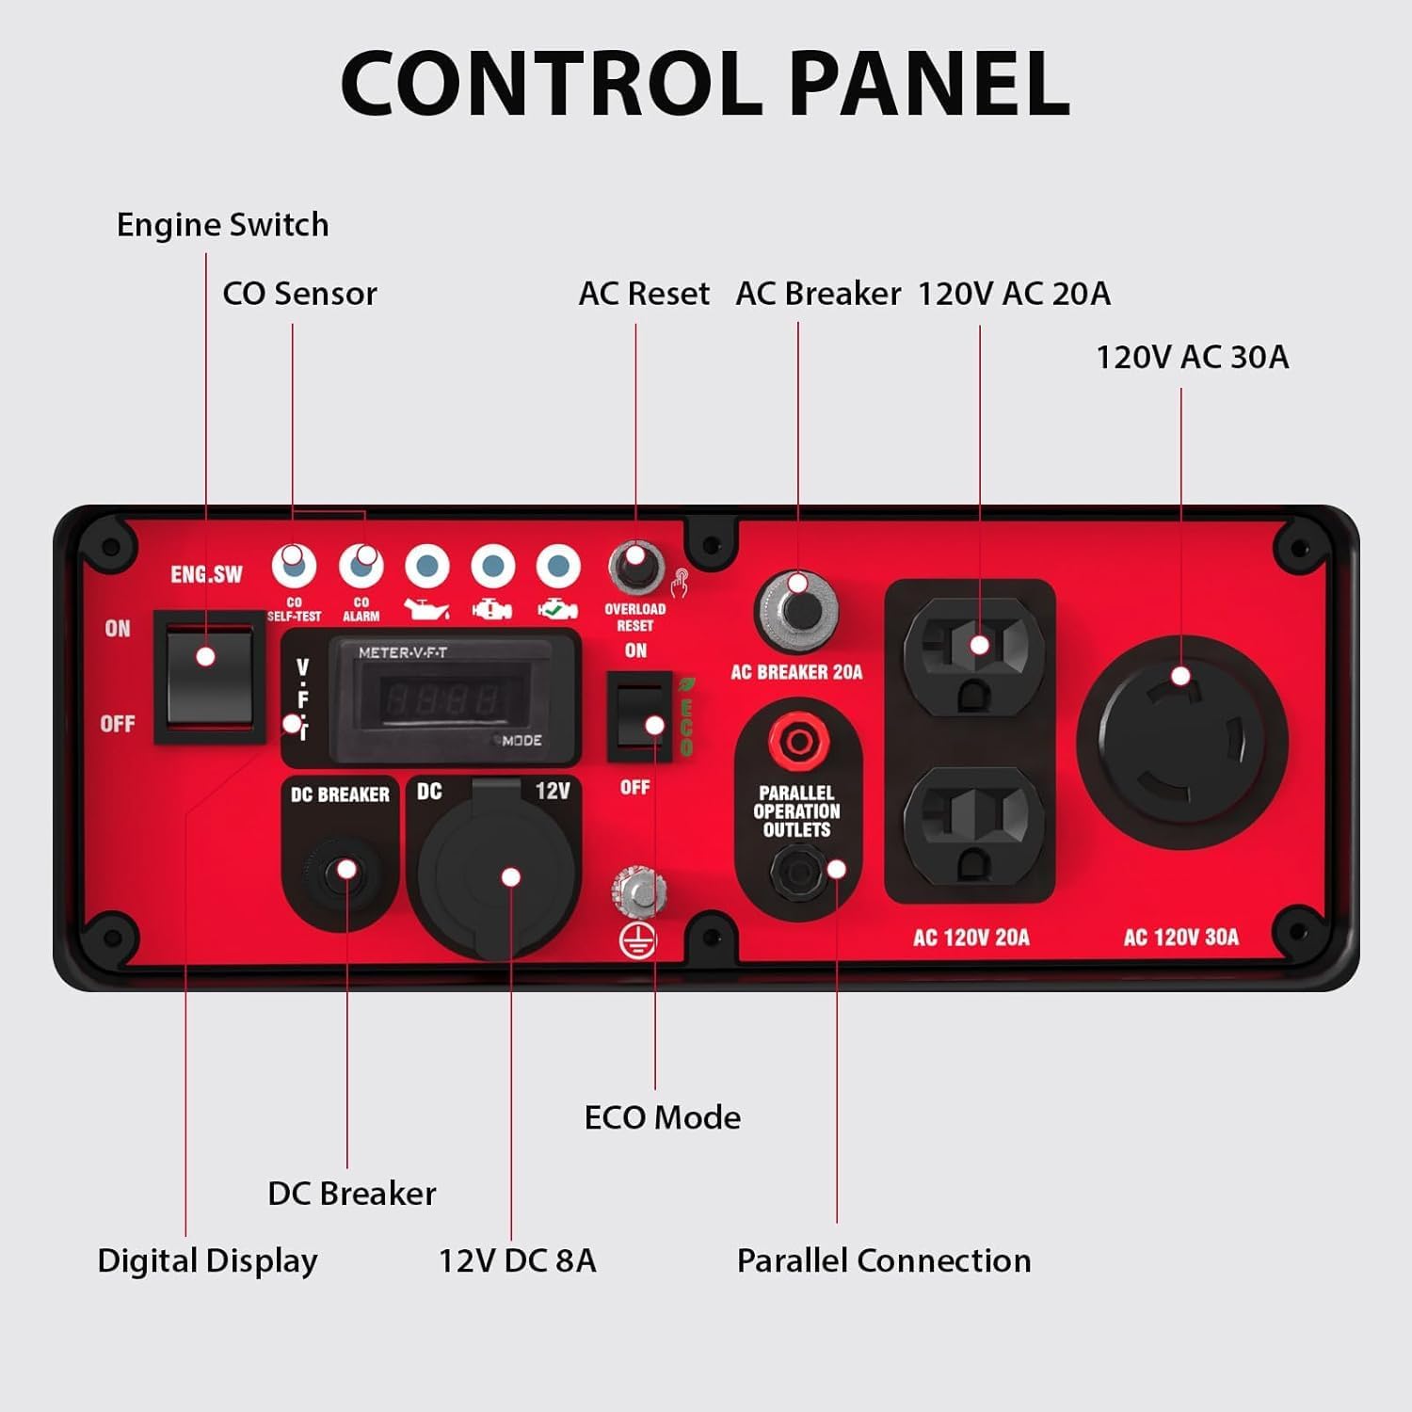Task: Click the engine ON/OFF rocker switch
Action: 209,676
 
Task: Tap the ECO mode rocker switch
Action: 639,715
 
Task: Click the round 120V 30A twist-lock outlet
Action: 1182,744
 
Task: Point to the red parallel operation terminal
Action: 798,741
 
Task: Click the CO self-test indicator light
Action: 294,566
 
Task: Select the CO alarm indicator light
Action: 361,566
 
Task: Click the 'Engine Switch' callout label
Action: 223,225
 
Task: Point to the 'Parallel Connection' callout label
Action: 884,1260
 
